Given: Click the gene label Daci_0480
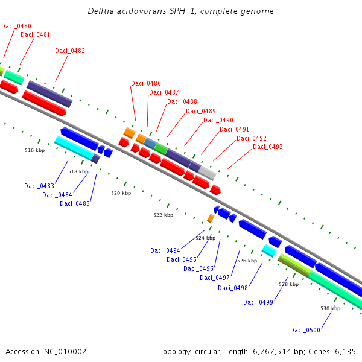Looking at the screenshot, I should (x=16, y=26).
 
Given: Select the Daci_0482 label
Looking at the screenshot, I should (x=70, y=51).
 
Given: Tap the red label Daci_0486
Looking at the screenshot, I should (x=146, y=83).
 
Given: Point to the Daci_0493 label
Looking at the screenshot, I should (x=268, y=147).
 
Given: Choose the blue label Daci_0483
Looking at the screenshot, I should (x=39, y=186).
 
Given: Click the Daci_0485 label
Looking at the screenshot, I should (x=75, y=203).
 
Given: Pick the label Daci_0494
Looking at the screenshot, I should (x=165, y=250).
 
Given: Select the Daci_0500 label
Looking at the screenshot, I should (x=305, y=330).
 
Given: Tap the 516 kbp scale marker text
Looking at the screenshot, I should (x=35, y=150).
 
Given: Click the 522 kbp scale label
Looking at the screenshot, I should (x=163, y=215).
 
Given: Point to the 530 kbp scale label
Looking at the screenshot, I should (x=330, y=308).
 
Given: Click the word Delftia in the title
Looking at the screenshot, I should (x=101, y=11).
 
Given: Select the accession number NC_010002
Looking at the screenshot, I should (x=66, y=351).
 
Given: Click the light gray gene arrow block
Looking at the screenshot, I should (x=207, y=173).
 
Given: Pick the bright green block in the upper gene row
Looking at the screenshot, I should (x=161, y=148).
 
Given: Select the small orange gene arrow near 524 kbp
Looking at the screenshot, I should (x=211, y=218).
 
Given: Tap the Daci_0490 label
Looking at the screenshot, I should (x=218, y=120).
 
